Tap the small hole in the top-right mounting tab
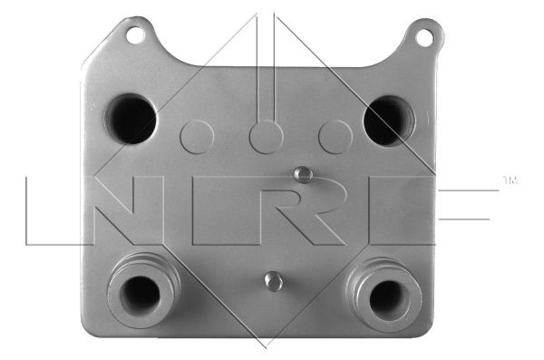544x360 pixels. (x=423, y=37)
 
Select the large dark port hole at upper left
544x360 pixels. (x=131, y=119)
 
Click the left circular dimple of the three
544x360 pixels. (x=197, y=136)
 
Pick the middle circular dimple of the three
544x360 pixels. (x=266, y=136)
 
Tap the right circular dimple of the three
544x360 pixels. (x=335, y=136)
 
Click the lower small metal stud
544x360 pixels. (x=272, y=281)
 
